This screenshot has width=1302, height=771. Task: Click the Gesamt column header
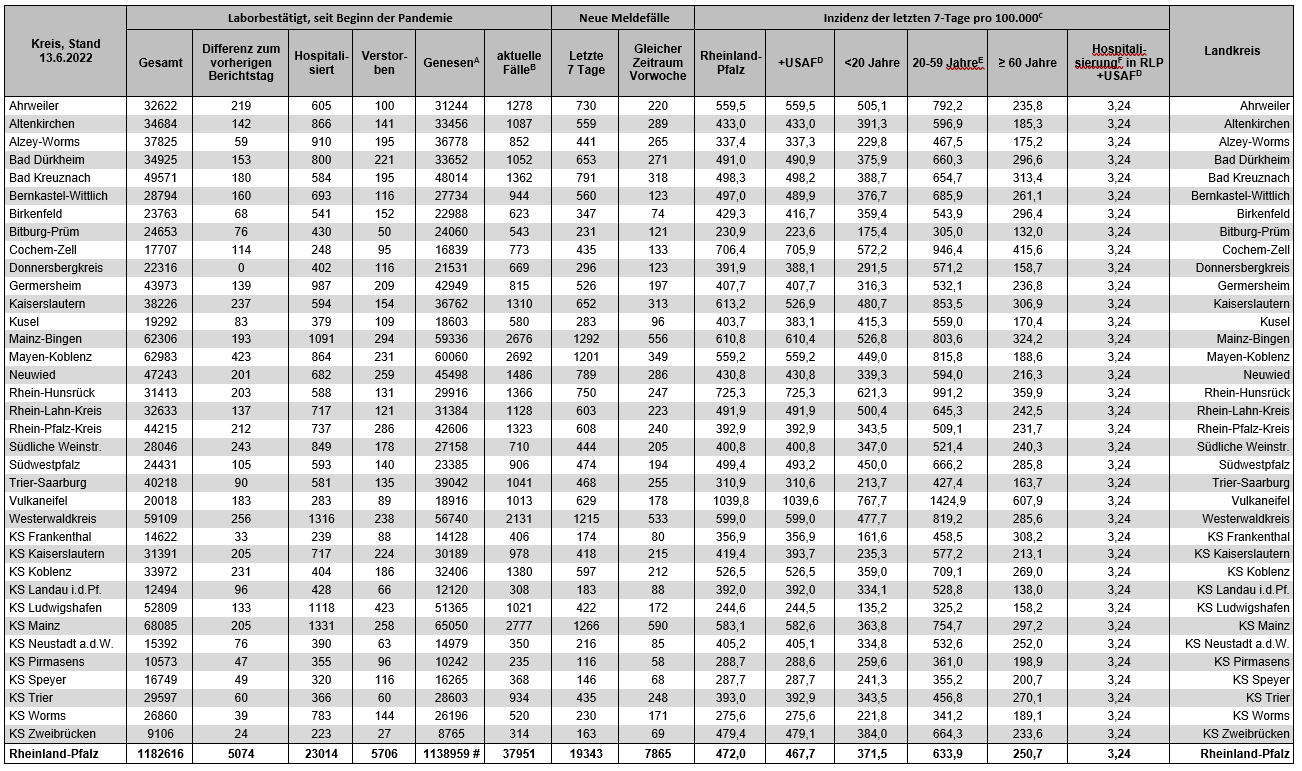161,62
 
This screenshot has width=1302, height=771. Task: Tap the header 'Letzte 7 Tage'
585,62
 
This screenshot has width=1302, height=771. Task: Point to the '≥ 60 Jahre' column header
1027,62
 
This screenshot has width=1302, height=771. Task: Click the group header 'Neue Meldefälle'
622,17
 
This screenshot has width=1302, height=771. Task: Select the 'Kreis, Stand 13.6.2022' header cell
66,50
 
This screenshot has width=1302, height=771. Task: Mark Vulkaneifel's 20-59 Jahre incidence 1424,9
945,500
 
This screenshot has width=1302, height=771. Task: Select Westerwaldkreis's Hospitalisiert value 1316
320,518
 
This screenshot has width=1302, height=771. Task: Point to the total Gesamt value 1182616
160,753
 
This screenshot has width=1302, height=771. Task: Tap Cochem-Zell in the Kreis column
43,249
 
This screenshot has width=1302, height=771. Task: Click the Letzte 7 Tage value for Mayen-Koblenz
585,357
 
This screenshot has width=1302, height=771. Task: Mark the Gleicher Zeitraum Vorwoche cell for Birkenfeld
656,213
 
